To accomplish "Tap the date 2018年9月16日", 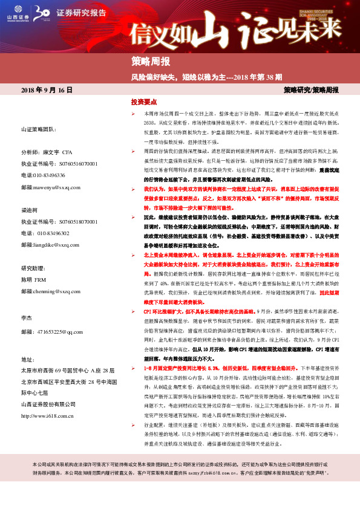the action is point(47,90).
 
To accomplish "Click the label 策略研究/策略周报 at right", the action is point(311,90).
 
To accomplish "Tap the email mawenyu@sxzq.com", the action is point(51,187).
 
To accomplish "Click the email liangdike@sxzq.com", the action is point(53,245).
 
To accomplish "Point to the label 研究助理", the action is point(34,268).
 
